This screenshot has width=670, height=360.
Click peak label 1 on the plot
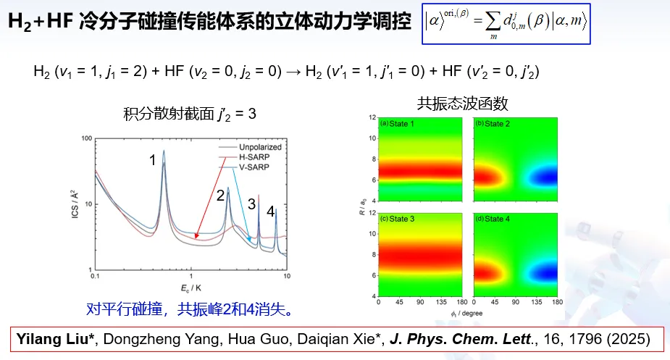pos(153,160)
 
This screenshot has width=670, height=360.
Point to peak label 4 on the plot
pos(270,212)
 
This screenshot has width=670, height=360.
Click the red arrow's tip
pos(196,236)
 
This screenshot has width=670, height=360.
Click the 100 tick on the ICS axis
pos(84,138)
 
